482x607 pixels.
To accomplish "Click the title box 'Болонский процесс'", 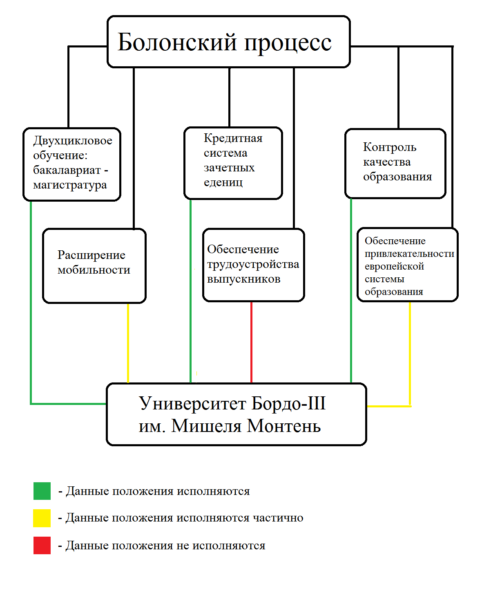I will (x=228, y=42).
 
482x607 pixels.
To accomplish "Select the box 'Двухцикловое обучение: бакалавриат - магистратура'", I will (x=72, y=164).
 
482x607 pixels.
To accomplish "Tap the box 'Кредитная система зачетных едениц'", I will (x=233, y=163).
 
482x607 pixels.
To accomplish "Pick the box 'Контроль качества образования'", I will (x=395, y=164).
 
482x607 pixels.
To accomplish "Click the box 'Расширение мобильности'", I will (x=94, y=265).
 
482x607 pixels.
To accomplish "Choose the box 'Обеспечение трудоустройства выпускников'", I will (x=253, y=265).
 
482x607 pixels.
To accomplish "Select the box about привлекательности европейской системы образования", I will (x=408, y=265).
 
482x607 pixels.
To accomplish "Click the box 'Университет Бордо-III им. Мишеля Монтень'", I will (x=236, y=414).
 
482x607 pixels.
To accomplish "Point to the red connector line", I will (x=251, y=342).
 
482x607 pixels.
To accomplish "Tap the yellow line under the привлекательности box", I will (x=410, y=352).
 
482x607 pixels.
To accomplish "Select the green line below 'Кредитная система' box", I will (x=190, y=290).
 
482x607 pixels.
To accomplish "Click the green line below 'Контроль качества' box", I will (x=351, y=290).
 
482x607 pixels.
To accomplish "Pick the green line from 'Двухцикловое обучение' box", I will (x=31, y=303).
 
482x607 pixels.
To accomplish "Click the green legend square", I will (x=42, y=491).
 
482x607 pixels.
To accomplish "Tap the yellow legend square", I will (x=42, y=518).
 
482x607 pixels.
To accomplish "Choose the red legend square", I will (x=42, y=545).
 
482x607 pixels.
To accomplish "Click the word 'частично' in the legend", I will (x=278, y=518).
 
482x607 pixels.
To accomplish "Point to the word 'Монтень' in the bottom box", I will (x=284, y=426).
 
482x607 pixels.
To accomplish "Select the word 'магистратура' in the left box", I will (x=70, y=185).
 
